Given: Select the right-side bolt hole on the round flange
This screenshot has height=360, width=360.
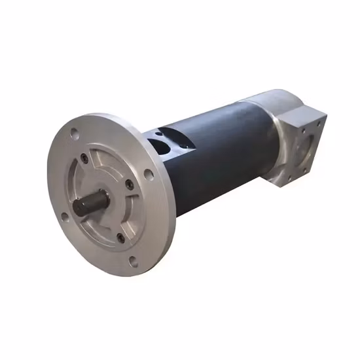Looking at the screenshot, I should click(x=149, y=174).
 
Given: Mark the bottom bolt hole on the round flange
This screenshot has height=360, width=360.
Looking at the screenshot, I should click(x=134, y=261).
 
